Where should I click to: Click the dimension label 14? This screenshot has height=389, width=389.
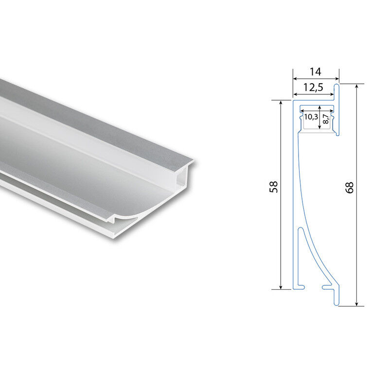coord(315,71)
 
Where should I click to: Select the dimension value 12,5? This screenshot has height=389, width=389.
coord(313,88)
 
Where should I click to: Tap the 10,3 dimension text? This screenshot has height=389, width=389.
coord(311,117)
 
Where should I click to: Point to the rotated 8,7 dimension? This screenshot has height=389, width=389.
coord(326,119)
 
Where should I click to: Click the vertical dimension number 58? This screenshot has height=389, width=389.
coord(274,187)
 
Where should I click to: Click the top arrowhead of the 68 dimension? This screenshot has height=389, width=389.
coord(357,86)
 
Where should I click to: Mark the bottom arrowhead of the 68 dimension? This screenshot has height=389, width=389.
coord(357,303)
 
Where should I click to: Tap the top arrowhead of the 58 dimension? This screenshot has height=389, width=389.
coord(281,103)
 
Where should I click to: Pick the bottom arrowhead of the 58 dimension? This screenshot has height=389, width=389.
coord(281,287)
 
